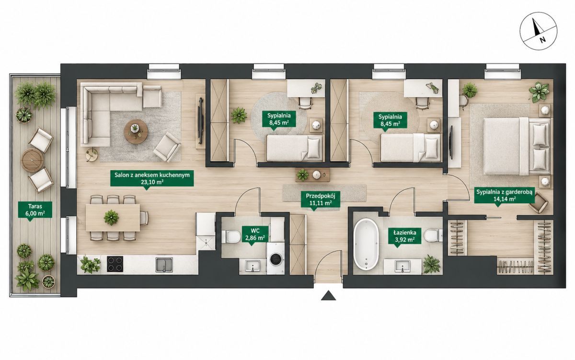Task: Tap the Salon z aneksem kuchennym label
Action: point(152,178)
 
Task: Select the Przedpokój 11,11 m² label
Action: point(321,199)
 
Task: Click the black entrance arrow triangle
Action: point(328,296)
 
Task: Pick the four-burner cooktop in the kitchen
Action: point(115,264)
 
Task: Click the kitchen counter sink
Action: point(164,265)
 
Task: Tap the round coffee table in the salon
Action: point(136,132)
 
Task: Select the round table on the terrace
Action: point(32,160)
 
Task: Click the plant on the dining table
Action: point(111,218)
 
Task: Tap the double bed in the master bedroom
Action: point(517,146)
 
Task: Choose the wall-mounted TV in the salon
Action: point(200,121)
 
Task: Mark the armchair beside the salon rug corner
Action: point(167,147)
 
